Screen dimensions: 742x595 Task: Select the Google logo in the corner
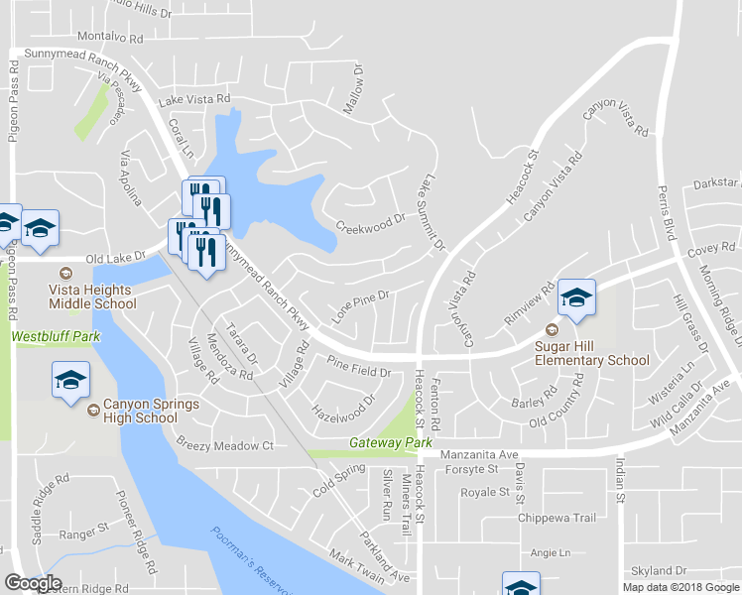click(x=33, y=583)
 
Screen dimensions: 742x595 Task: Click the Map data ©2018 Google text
click(x=680, y=587)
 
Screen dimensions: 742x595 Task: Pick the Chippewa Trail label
click(x=556, y=518)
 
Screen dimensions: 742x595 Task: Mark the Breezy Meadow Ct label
click(x=224, y=446)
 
